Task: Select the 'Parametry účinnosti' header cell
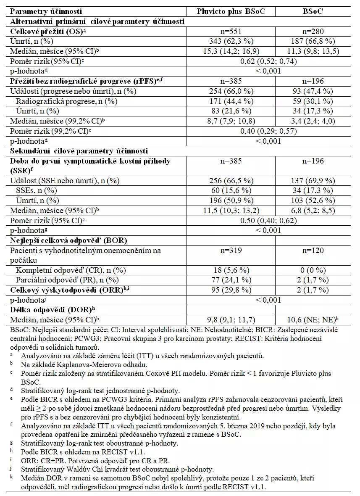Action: [x=46, y=11]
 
